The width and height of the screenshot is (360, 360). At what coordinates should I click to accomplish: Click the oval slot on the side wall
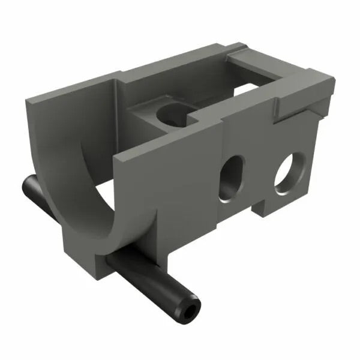231,178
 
